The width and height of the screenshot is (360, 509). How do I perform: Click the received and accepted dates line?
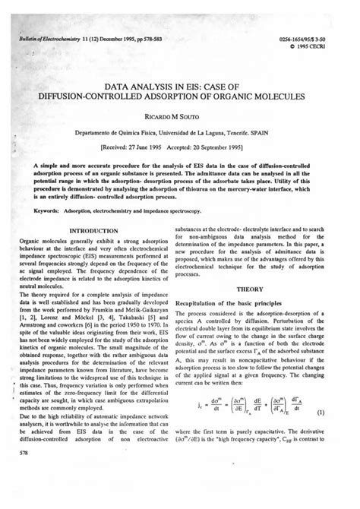(x=181, y=150)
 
